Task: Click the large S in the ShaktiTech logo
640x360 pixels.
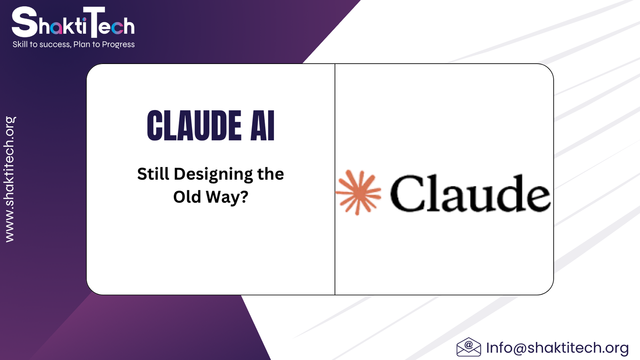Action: click(24, 22)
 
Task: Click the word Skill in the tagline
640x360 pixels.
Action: click(20, 44)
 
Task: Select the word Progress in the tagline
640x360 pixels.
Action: click(118, 44)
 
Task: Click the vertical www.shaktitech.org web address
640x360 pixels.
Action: click(10, 180)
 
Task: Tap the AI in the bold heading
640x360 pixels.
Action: click(262, 126)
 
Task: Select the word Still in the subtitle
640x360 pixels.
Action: click(153, 174)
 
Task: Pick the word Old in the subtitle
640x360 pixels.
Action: click(187, 196)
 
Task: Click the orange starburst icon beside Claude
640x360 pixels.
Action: click(358, 192)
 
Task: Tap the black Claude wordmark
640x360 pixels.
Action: click(470, 193)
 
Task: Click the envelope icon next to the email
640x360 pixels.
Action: click(468, 347)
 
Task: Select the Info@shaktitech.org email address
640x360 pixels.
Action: click(558, 348)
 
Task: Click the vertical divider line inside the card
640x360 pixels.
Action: click(335, 179)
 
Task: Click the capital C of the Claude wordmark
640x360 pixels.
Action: click(408, 193)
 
